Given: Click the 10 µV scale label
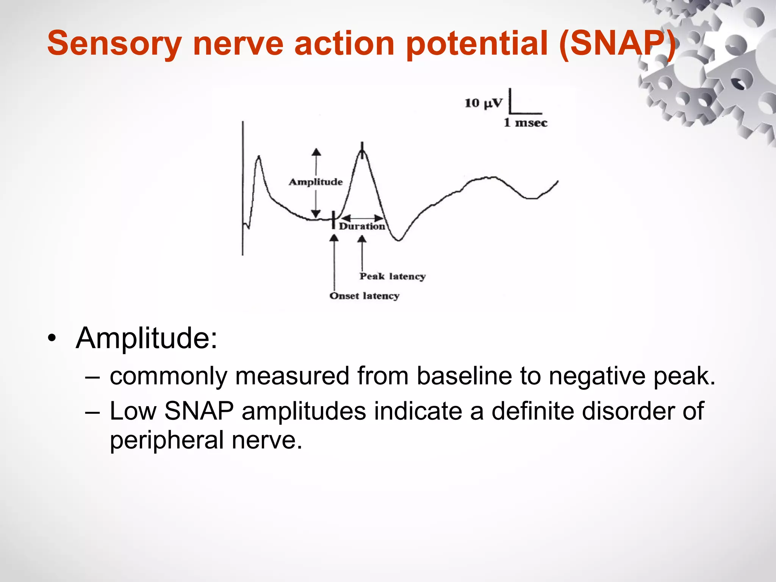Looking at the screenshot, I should pos(483,103).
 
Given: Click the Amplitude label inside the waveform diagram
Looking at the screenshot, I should pos(316,182).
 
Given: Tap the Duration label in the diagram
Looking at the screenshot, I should pos(362,227).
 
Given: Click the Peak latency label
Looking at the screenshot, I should pos(393,276).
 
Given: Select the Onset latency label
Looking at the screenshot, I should pos(364,296).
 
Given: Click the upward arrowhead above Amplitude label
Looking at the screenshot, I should pos(316,152).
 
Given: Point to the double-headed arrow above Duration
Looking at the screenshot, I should pos(362,218).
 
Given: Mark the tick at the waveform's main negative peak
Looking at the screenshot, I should pos(362,150).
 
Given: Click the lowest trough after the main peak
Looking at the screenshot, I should pos(399,239).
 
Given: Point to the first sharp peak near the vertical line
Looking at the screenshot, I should pos(259,157).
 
